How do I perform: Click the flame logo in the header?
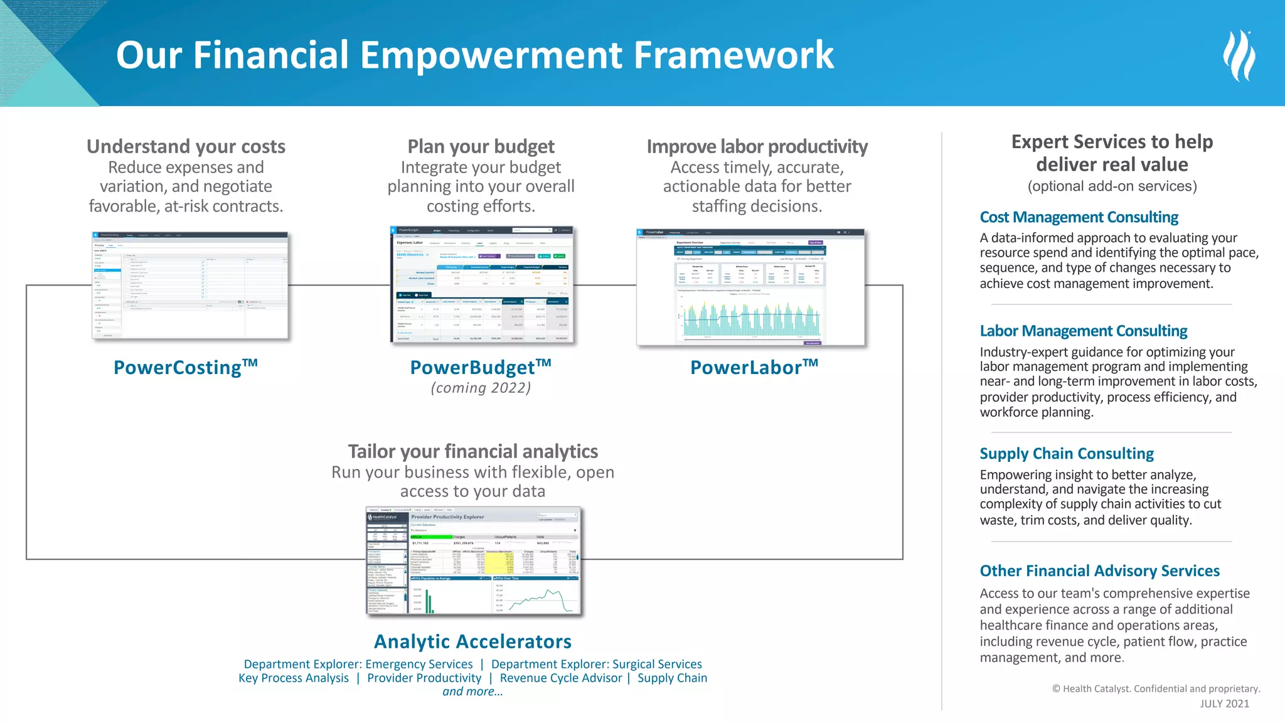coord(1239,55)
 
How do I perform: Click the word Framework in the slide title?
coord(733,55)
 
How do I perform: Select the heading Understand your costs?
coord(186,146)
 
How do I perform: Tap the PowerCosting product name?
coord(185,367)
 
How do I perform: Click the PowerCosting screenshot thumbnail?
coord(190,286)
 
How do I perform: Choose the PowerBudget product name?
coord(481,367)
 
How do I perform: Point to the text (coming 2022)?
coord(481,388)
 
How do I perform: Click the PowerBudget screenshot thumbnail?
coord(482,286)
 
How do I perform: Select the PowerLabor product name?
coord(754,367)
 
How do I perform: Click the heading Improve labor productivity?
coord(757,146)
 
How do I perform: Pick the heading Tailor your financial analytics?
coord(472,451)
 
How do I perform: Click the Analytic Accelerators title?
coord(472,641)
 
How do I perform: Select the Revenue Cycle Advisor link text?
coord(561,678)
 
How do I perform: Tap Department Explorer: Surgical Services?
coord(596,664)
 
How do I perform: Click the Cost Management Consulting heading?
coord(1079,217)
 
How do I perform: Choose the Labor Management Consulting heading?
coord(1084,331)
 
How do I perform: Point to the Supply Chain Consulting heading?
coord(1067,453)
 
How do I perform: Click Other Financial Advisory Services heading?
coord(1099,570)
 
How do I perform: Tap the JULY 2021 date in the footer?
coord(1224,704)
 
